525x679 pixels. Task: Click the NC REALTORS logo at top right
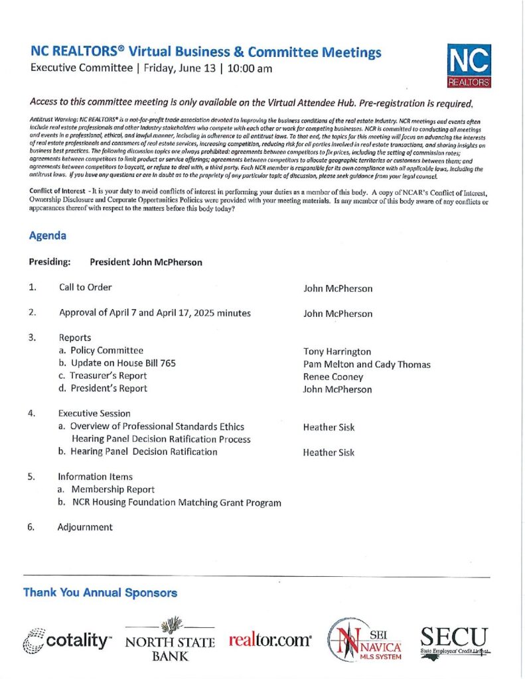coord(469,66)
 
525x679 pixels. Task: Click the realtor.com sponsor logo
coord(270,641)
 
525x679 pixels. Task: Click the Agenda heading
coord(47,235)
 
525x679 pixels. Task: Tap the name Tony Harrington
coord(337,351)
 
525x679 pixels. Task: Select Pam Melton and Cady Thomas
coord(366,365)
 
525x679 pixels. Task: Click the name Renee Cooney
coord(333,377)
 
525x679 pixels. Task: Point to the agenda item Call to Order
coord(85,288)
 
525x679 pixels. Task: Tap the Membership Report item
coord(112,489)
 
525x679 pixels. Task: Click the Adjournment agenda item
coord(85,528)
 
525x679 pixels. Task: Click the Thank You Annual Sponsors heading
coord(100,593)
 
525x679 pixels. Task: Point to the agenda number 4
coord(32,414)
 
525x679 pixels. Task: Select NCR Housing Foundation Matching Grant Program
coord(177,503)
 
